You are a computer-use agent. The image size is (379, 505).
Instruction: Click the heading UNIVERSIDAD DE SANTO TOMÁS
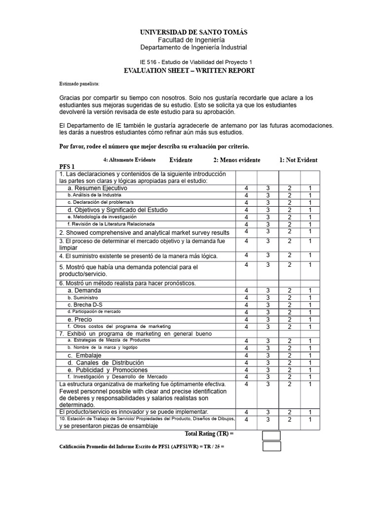tap(193, 32)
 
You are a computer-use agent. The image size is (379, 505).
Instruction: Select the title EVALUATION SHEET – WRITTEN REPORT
tap(189, 71)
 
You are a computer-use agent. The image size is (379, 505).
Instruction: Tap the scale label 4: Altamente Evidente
tap(129, 160)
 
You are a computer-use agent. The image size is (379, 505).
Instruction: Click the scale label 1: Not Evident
tap(299, 160)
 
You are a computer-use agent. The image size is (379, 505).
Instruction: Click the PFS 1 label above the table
tap(67, 167)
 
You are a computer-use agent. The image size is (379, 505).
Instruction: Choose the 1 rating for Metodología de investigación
tap(310, 217)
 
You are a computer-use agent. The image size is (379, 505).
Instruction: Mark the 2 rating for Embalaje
tap(290, 356)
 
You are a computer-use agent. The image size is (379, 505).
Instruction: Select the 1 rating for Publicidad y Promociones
tap(310, 370)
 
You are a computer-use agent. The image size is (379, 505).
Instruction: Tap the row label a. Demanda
tap(84, 290)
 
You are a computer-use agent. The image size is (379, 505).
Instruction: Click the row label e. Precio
tap(80, 320)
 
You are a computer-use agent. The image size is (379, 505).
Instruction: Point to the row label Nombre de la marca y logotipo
tap(102, 348)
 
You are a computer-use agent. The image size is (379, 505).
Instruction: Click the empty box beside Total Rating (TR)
tap(271, 435)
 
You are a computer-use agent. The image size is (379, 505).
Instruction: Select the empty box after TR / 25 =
tap(271, 446)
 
